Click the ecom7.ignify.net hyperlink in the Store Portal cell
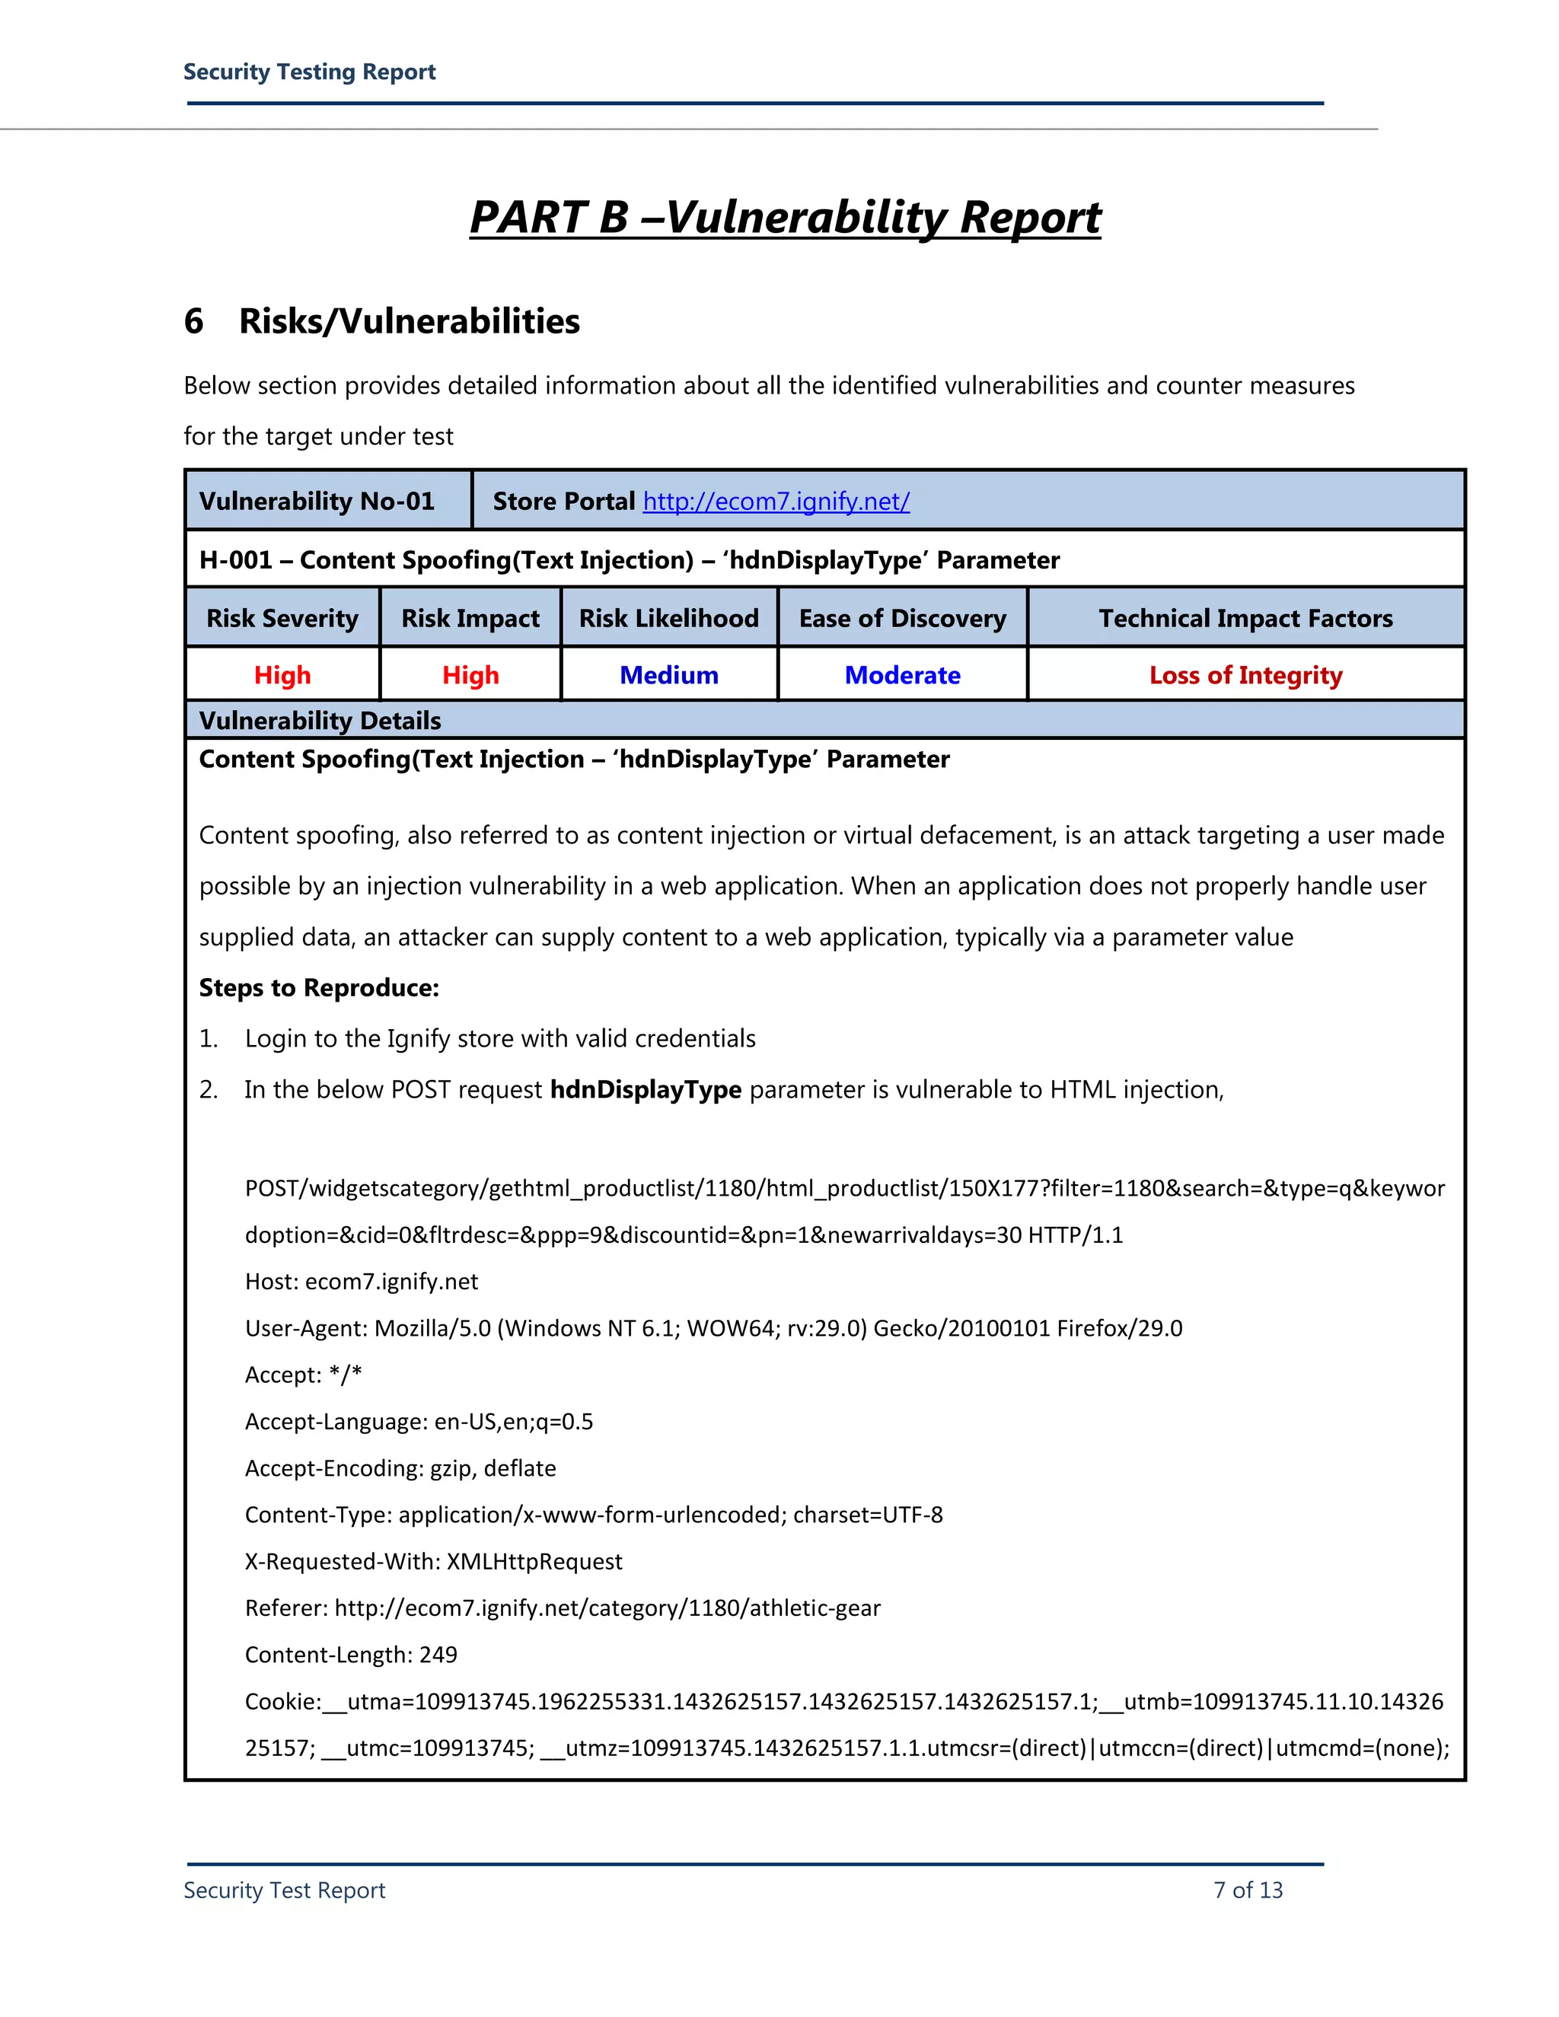click(x=776, y=502)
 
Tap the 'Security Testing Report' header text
click(x=309, y=72)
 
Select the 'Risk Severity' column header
click(x=282, y=618)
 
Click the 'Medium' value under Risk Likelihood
click(x=668, y=675)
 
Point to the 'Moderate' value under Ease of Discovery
click(x=902, y=675)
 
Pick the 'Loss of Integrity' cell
click(x=1245, y=675)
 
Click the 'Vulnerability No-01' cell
click(x=317, y=502)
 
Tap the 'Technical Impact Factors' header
click(x=1245, y=618)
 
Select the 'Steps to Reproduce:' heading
click(x=319, y=988)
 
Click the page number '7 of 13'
click(x=1248, y=1890)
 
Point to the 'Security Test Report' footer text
click(x=285, y=1890)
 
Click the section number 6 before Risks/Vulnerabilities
click(x=194, y=321)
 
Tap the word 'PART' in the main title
click(x=528, y=218)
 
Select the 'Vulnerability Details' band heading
click(x=320, y=720)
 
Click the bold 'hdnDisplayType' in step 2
click(x=646, y=1090)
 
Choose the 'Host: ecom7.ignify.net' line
click(x=361, y=1282)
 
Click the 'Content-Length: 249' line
click(x=351, y=1654)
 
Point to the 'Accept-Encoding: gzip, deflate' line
click(x=400, y=1468)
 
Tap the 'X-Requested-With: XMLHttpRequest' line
click(x=433, y=1562)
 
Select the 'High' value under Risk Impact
click(x=470, y=675)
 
